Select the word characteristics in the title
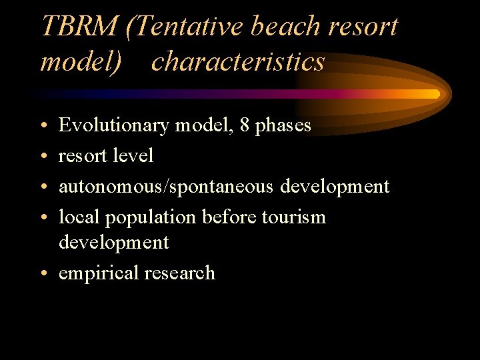tap(238, 61)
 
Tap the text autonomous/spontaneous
tap(166, 187)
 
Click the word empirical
tap(95, 273)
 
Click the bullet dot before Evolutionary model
tap(43, 126)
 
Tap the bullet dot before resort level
tap(43, 157)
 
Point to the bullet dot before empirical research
tap(43, 273)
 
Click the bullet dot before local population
tap(43, 218)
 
